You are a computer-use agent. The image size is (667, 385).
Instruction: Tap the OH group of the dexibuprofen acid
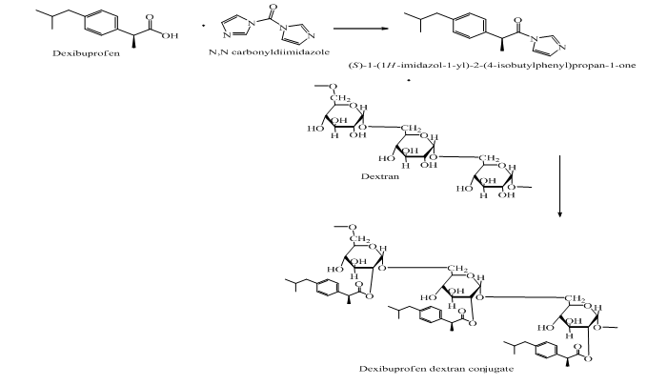(171, 35)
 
